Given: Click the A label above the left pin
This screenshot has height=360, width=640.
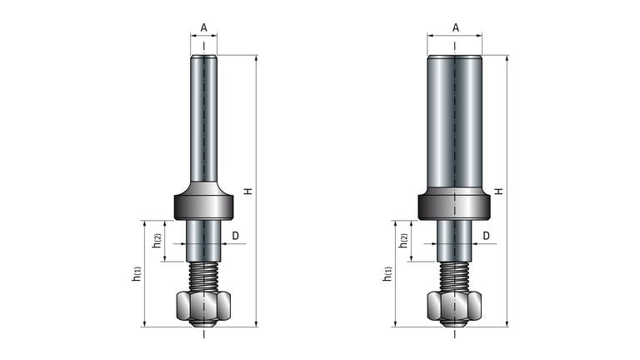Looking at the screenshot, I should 203,27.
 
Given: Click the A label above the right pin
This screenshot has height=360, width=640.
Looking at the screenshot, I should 455,27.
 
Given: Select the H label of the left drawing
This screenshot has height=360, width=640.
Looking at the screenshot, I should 247,191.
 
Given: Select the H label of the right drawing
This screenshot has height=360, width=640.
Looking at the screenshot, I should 498,191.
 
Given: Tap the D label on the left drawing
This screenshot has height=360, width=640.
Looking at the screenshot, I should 235,237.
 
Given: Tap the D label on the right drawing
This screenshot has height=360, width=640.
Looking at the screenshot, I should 487,237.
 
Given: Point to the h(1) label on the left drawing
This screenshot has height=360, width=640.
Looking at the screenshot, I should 137,272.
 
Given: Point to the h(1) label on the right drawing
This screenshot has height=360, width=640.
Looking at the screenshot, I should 387,272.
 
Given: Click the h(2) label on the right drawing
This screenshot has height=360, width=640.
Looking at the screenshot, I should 404,241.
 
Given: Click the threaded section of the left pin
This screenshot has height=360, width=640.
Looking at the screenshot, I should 203,274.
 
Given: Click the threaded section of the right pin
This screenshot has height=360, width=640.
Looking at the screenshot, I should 455,274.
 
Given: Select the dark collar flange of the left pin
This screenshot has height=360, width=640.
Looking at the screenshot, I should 203,205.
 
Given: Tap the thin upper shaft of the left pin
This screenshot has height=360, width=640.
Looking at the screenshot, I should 203,117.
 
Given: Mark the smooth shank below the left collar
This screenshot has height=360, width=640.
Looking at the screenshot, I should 203,240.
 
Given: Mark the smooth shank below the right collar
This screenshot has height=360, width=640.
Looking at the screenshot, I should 455,240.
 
